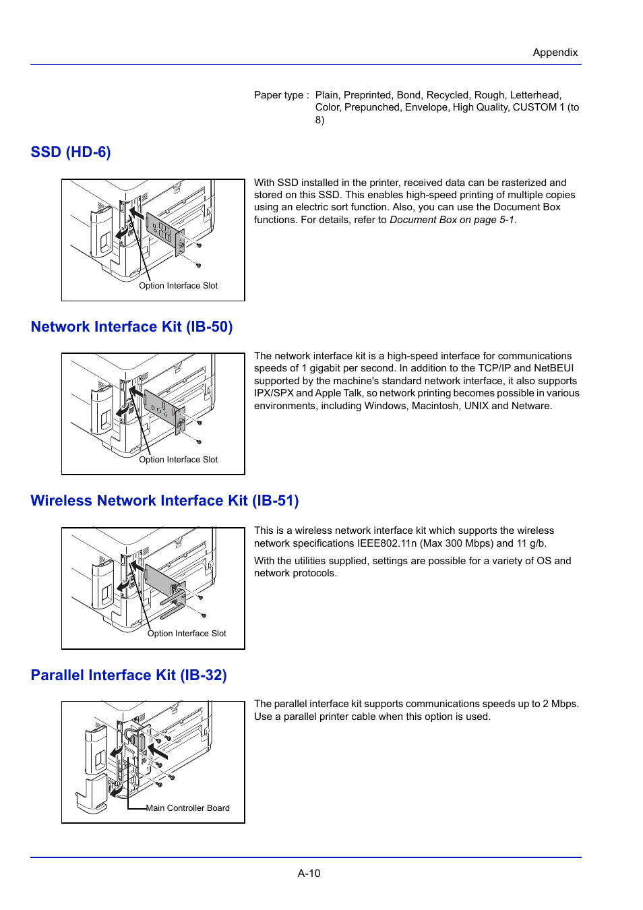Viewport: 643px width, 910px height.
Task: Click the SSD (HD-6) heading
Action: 71,152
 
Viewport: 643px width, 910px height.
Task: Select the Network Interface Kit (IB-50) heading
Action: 131,327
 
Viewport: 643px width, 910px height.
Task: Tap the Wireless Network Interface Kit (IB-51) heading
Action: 164,501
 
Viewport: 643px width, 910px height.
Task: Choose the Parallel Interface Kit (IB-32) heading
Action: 129,675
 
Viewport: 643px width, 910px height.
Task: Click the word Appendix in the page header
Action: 555,53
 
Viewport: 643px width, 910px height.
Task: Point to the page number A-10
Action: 309,873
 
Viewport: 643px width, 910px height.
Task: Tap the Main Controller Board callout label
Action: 188,808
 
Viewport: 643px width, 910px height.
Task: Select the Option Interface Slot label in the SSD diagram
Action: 178,286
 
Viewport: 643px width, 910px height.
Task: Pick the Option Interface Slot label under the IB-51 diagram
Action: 187,634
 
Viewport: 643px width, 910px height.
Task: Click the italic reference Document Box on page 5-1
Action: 452,220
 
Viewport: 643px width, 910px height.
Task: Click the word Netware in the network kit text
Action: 532,406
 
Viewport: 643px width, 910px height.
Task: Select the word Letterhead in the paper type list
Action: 534,95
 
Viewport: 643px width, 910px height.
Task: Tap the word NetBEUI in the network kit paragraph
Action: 553,368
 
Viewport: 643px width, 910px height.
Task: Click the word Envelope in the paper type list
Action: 426,107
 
